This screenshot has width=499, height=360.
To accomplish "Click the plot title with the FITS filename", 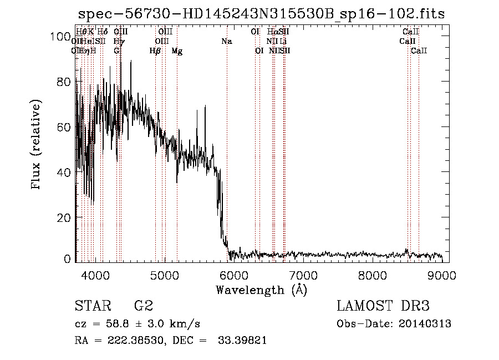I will click(x=261, y=14).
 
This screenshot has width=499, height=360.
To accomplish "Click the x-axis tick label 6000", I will click(x=233, y=274).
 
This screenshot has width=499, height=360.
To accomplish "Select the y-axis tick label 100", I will click(x=60, y=37).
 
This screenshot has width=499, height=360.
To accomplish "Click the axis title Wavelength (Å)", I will click(x=261, y=290).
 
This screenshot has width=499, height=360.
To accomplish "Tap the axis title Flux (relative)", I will click(x=37, y=145).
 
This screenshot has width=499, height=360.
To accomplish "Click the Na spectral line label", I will click(x=226, y=41).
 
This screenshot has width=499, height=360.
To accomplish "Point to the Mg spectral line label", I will click(x=177, y=51).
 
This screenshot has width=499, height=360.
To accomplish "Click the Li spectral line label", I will click(x=283, y=41).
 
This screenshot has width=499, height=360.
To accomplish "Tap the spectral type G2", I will click(x=143, y=306).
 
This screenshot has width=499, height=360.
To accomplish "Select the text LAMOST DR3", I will click(x=383, y=306).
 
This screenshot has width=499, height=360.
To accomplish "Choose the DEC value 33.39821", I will click(x=243, y=341).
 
